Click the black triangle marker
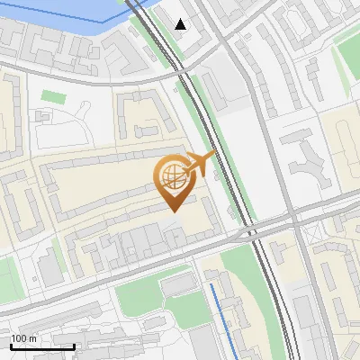coord(181,24)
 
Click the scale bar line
coord(42,346)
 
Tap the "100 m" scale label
coord(24,338)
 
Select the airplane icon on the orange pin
coord(200,163)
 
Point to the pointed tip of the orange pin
coord(172,211)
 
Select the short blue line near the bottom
coord(219,310)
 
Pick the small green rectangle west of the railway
coord(53,96)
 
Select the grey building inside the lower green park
coord(179,284)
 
